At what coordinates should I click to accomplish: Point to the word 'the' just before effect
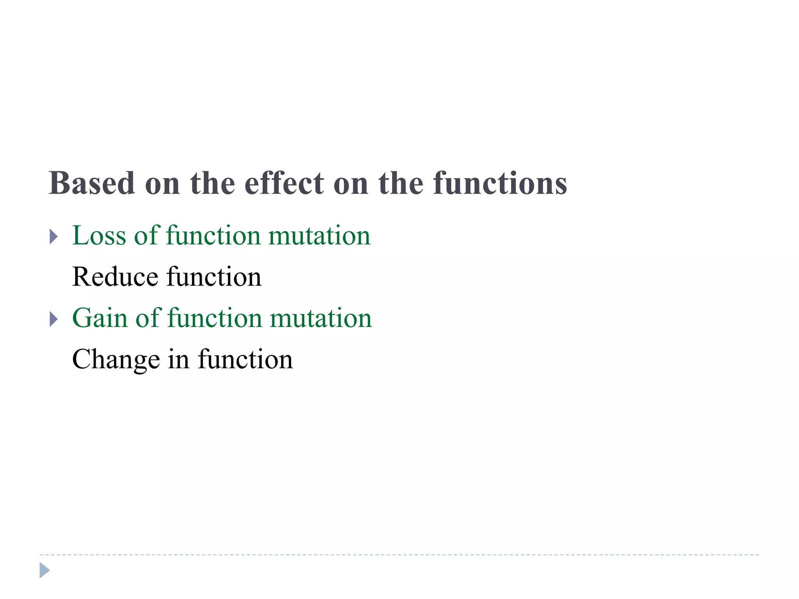[x=213, y=183]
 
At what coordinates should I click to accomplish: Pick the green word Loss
[x=99, y=236]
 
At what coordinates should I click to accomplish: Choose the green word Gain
[x=100, y=318]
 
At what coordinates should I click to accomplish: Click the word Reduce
[x=115, y=277]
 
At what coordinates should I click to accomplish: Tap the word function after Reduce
[x=214, y=277]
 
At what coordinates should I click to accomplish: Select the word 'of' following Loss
[x=146, y=236]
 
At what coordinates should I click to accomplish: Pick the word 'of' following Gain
[x=147, y=318]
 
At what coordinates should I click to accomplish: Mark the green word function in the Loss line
[x=213, y=236]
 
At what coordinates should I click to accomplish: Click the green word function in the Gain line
[x=215, y=318]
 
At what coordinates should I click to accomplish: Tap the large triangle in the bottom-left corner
[x=44, y=571]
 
